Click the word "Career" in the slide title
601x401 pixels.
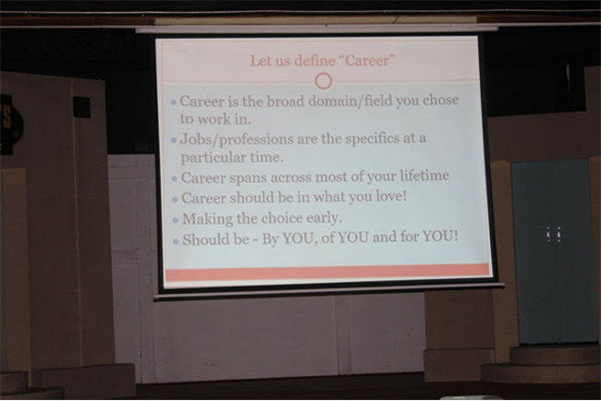tap(368, 60)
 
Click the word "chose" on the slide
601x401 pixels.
tap(441, 100)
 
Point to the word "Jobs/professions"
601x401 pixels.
tap(236, 140)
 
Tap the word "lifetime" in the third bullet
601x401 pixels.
tap(424, 175)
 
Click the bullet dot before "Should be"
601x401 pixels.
tap(176, 241)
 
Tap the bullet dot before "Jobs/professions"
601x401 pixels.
tap(174, 140)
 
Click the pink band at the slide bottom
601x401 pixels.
tap(327, 273)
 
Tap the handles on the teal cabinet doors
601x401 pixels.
tap(554, 234)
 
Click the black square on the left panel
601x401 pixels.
tap(81, 107)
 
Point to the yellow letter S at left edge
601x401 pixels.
tap(6, 116)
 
